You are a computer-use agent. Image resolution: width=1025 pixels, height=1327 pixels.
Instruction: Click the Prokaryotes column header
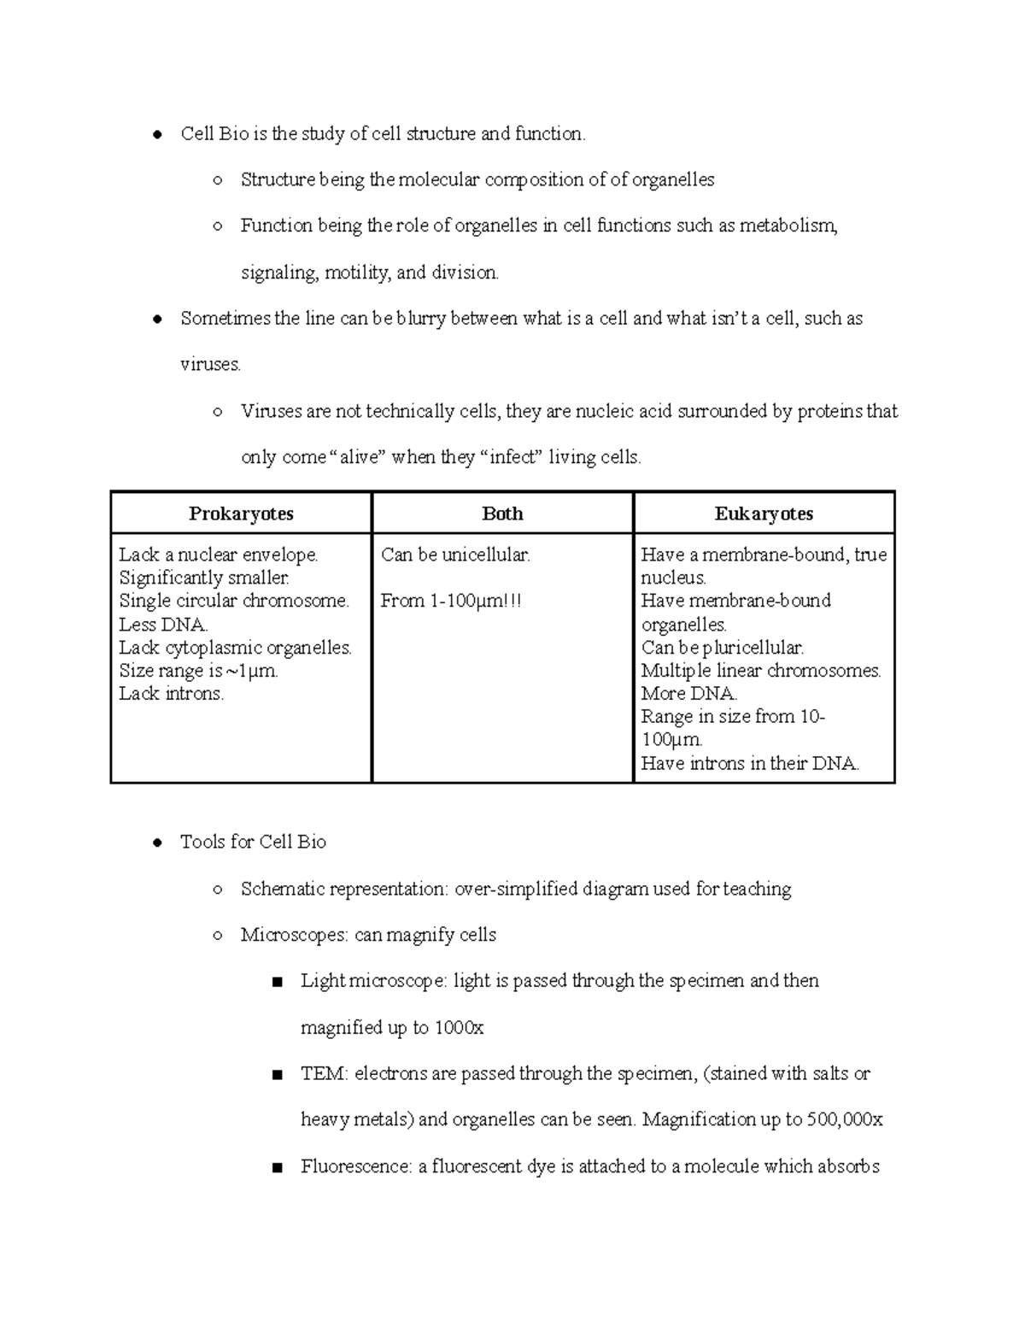pos(241,514)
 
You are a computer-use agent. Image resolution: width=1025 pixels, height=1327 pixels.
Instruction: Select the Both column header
pos(502,514)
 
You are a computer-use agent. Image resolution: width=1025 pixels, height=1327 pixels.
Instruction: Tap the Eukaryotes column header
pos(764,514)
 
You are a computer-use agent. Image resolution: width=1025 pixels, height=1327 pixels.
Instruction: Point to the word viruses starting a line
pos(210,365)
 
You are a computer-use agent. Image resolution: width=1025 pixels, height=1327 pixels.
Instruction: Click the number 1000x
pos(459,1028)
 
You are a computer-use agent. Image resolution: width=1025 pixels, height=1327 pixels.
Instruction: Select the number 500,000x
pos(844,1119)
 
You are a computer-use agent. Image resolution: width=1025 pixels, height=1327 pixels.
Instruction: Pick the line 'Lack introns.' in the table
pos(171,694)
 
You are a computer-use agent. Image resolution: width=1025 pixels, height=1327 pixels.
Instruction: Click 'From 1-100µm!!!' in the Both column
pos(450,602)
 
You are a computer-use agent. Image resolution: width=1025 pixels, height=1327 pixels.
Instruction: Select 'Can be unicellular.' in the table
pos(455,555)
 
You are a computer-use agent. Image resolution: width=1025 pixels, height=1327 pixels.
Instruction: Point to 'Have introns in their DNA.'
pos(749,764)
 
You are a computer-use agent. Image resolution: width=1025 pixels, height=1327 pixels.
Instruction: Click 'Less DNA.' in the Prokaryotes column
pos(163,625)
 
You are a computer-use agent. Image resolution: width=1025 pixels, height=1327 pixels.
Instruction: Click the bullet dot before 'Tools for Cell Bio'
pos(157,843)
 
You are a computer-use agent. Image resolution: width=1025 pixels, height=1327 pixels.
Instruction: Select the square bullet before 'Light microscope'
pos(277,983)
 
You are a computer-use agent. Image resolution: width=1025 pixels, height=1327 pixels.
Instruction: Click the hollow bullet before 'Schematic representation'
pos(218,890)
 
